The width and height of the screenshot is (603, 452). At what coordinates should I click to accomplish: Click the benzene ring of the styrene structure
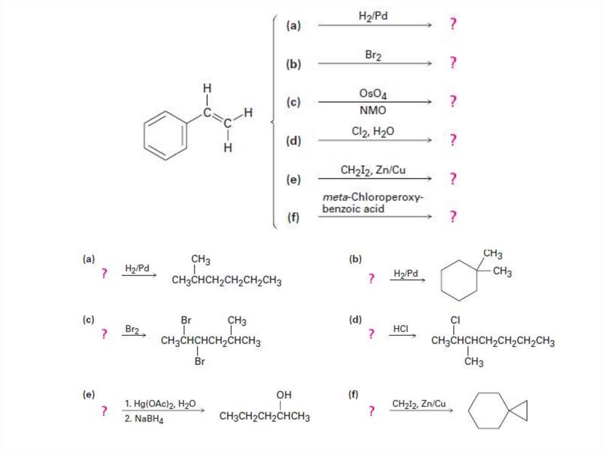pos(165,135)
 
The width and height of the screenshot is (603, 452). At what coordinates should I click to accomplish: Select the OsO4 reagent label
pos(373,94)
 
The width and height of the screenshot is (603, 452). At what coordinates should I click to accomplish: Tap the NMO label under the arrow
pos(373,110)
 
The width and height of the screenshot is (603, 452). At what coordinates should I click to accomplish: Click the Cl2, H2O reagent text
pos(373,132)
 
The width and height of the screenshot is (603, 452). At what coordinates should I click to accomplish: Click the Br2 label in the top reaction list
pos(373,55)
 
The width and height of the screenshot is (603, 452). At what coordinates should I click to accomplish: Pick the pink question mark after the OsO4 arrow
pos(452,101)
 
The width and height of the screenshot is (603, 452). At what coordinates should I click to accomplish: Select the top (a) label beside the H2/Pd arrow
pos(293,25)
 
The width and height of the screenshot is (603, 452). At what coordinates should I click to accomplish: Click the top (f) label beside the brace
pos(293,217)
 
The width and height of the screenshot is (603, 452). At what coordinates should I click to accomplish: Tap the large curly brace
pos(274,122)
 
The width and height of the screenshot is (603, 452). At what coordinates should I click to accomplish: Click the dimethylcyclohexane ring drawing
pos(459,281)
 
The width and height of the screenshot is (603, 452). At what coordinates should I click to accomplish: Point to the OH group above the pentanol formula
pos(283,394)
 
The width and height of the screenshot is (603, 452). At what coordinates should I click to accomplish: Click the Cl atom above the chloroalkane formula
pos(455,320)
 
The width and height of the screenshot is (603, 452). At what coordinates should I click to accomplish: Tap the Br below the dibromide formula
pos(200,361)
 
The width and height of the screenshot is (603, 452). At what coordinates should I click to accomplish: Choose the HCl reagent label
pos(400,328)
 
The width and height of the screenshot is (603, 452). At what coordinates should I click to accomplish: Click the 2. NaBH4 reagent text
pos(144,420)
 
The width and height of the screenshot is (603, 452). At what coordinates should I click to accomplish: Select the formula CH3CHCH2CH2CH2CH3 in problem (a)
pos(226,281)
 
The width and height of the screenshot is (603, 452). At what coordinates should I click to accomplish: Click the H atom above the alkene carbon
pos(206,88)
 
